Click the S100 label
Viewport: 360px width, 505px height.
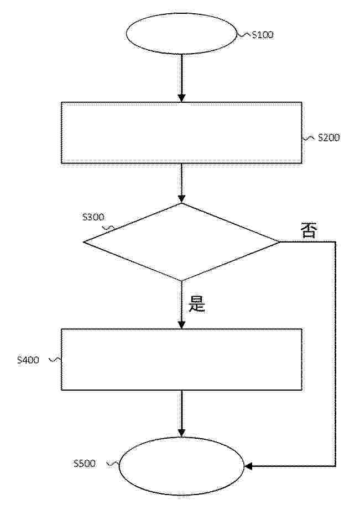pos(263,35)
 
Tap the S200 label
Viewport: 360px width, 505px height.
pos(328,138)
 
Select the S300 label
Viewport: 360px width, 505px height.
pos(93,217)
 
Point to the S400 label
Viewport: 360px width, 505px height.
pos(28,360)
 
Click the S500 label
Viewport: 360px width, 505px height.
pos(85,464)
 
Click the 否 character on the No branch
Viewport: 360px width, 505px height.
pos(309,230)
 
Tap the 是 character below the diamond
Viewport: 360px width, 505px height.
pos(197,304)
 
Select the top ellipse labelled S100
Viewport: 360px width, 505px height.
pos(181,34)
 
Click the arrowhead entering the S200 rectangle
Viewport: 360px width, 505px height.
pos(182,98)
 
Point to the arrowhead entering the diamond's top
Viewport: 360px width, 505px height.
pos(182,199)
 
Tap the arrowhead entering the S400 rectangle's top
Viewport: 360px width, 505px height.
pos(182,325)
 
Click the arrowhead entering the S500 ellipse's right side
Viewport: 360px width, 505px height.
pos(248,466)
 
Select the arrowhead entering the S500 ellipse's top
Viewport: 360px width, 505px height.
pos(182,433)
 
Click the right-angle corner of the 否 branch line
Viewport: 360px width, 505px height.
pos(336,242)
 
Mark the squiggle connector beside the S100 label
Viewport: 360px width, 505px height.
pos(244,35)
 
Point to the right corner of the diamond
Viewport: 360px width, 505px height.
pos(280,242)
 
